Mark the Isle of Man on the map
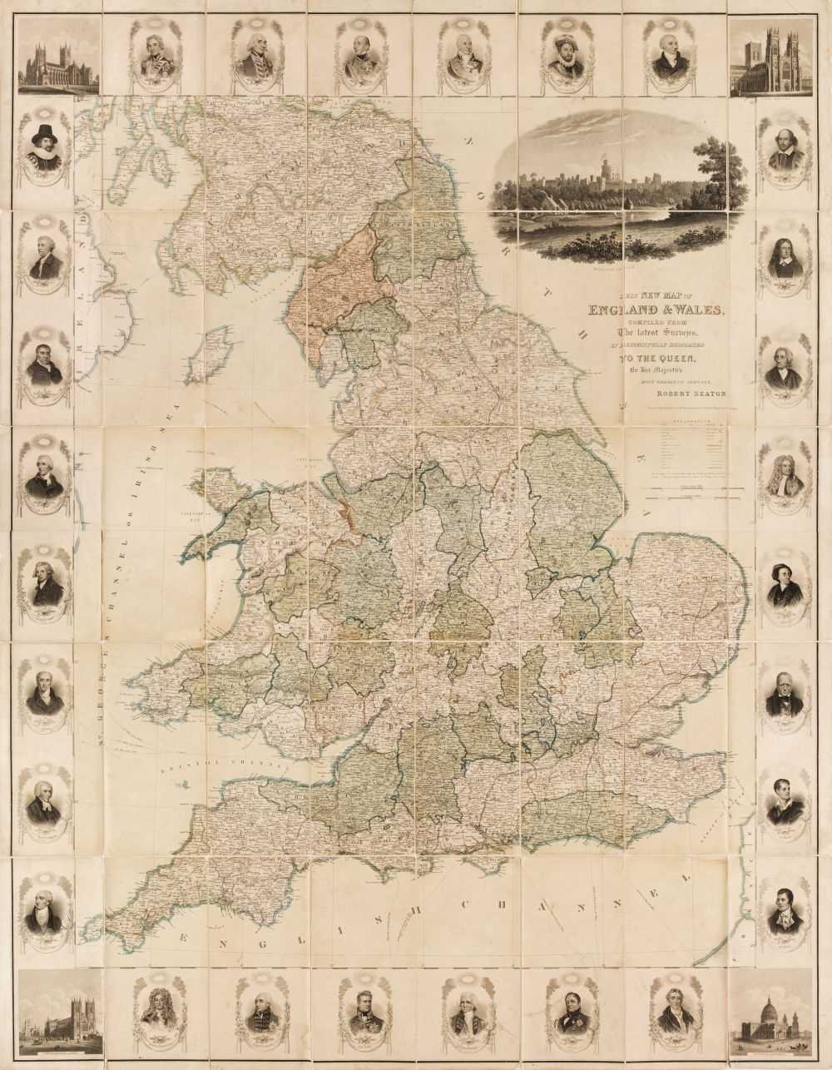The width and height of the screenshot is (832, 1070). pyautogui.click(x=218, y=350)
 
